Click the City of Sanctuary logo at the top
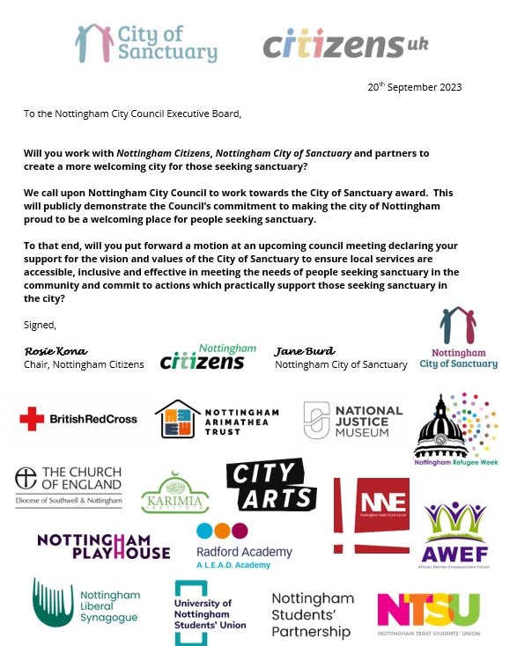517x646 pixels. (x=146, y=43)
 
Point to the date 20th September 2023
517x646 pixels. (x=414, y=87)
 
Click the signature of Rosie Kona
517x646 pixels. (x=55, y=351)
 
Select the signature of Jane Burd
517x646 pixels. (x=305, y=351)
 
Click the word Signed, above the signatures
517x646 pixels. (x=41, y=324)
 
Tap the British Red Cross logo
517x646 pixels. (x=78, y=419)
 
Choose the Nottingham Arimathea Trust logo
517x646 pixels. (x=217, y=419)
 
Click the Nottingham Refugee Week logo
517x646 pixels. (x=455, y=427)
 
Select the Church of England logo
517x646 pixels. (x=68, y=486)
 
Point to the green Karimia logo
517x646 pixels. (x=174, y=493)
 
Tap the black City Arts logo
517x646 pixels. (x=271, y=485)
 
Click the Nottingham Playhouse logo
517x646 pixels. (x=103, y=546)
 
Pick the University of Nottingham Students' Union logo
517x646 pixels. (x=210, y=612)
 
